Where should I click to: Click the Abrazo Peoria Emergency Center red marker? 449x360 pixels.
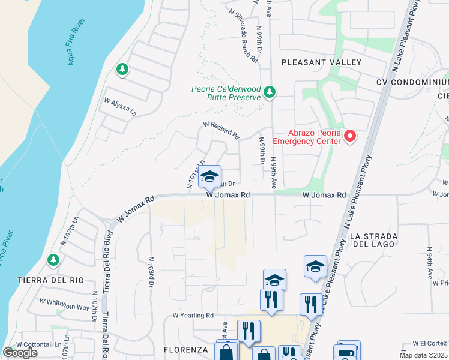click(349, 137)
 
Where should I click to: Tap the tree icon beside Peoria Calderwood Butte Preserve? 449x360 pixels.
click(270, 92)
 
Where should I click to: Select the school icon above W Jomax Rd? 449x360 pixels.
click(209, 176)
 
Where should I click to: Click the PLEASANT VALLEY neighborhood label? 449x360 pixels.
click(321, 62)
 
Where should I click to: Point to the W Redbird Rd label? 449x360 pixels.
click(221, 129)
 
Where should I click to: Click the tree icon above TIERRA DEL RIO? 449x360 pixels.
click(53, 260)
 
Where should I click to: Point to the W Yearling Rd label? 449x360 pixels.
click(193, 315)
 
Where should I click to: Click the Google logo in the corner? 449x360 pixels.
click(20, 353)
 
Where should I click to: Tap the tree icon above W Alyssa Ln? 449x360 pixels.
click(122, 70)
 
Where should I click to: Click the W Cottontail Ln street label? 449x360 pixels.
click(40, 344)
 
